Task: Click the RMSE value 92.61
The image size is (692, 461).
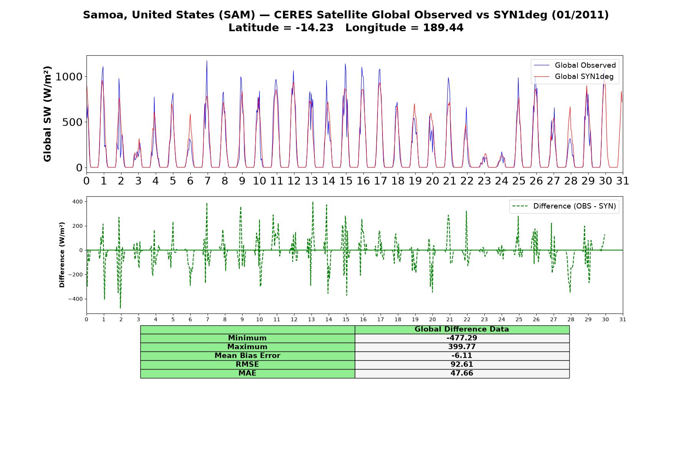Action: [462, 365]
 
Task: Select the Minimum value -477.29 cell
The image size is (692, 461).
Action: [462, 338]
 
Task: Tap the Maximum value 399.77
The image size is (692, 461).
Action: [462, 347]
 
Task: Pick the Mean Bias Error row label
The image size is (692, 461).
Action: [247, 356]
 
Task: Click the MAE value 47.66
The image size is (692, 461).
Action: [462, 373]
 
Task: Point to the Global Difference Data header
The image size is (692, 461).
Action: [462, 329]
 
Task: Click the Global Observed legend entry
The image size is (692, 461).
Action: [575, 65]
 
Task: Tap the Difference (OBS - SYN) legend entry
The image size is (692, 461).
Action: [564, 206]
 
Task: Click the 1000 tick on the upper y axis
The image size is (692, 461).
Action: [69, 77]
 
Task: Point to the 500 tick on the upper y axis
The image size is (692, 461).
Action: [72, 122]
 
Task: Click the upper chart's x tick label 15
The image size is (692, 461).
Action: [346, 181]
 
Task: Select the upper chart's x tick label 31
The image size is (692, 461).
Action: [622, 181]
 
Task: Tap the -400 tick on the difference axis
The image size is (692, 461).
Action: [76, 299]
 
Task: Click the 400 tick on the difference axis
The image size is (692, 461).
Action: [78, 201]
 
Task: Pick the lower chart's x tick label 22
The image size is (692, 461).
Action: [467, 320]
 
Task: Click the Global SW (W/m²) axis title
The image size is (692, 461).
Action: [47, 114]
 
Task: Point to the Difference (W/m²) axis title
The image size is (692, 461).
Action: [62, 255]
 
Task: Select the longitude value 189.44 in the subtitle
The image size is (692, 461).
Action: [443, 28]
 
